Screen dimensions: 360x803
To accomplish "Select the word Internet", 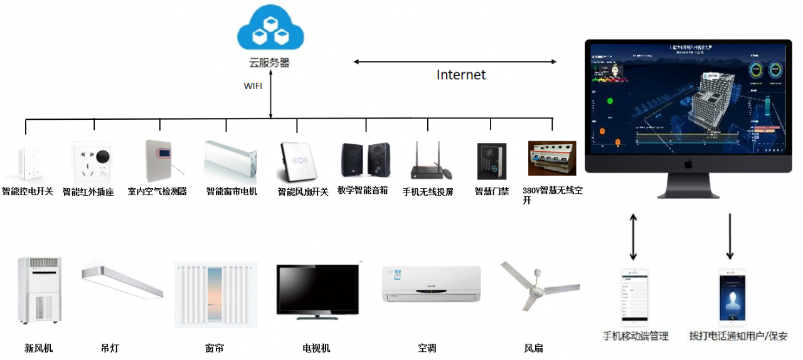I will pyautogui.click(x=461, y=75).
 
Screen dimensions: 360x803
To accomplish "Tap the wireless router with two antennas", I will pyautogui.click(x=430, y=163).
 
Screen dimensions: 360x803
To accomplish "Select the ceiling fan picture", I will pyautogui.click(x=538, y=286).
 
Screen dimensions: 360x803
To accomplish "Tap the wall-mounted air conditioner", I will pyautogui.click(x=431, y=284).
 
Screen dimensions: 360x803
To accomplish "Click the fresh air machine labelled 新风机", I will pyautogui.click(x=40, y=290).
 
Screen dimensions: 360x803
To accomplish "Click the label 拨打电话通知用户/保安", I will pyautogui.click(x=738, y=336).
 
